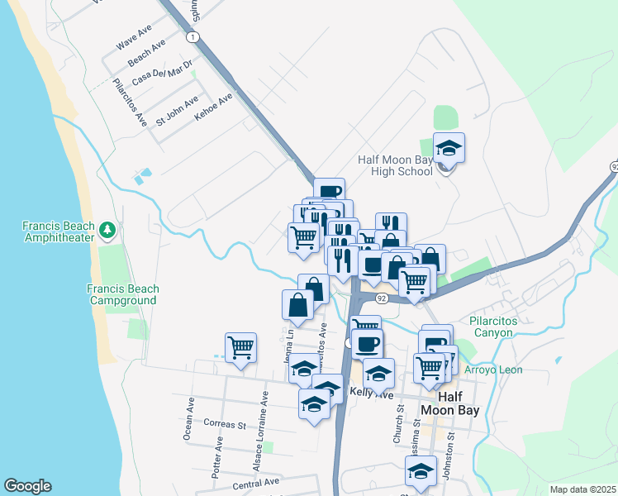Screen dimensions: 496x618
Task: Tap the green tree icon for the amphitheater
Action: tap(107, 229)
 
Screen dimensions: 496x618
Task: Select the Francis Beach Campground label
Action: tap(122, 294)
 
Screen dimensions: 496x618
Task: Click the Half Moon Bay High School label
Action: tap(395, 165)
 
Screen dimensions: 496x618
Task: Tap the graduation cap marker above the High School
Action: tap(449, 149)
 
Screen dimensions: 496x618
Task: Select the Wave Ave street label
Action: tap(134, 38)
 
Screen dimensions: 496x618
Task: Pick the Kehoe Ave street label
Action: tap(213, 108)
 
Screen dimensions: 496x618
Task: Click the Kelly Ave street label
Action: tap(371, 395)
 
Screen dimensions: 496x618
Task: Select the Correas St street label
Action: tap(225, 425)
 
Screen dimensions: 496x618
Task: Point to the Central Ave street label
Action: tap(256, 482)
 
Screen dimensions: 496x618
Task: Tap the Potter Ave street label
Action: tap(218, 454)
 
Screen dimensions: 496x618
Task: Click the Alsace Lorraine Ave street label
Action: tap(261, 432)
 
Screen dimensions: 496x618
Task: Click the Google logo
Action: tap(27, 486)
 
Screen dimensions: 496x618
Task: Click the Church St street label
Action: tap(398, 422)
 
